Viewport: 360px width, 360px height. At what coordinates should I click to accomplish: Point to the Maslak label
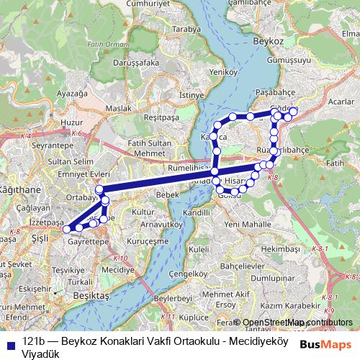117,108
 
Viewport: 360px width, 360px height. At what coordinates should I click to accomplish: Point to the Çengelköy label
192,274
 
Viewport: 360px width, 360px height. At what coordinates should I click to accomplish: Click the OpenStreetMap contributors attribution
297,323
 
